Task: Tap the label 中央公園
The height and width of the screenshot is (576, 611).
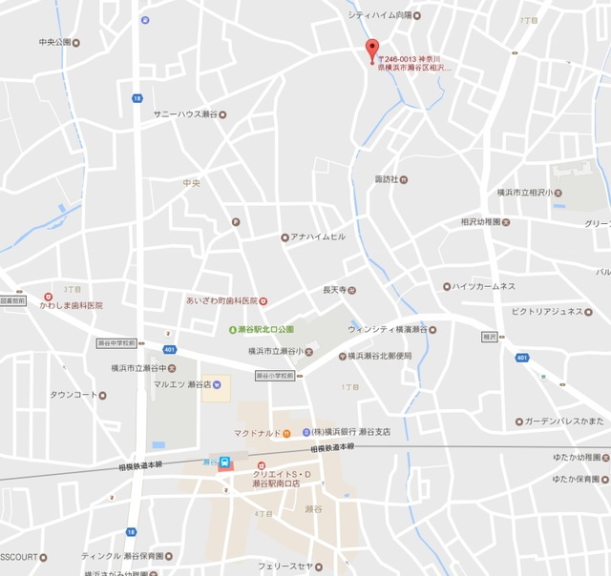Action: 55,42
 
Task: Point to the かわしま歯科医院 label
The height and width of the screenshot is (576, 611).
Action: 72,305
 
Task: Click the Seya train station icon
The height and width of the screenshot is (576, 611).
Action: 224,463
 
